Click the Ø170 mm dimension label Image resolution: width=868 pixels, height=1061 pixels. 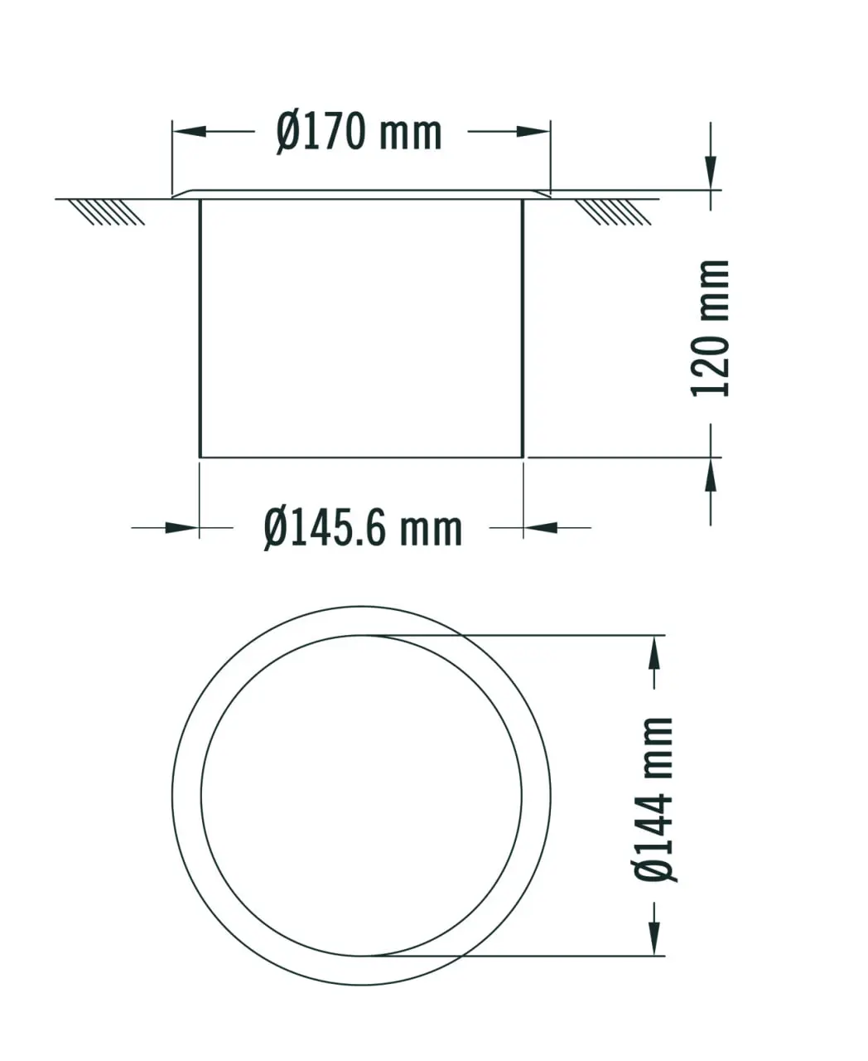(x=359, y=133)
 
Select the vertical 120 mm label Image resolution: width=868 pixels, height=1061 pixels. (x=710, y=329)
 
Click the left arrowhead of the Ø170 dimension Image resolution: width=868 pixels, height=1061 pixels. (x=189, y=132)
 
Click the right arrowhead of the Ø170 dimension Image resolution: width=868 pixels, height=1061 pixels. (x=533, y=132)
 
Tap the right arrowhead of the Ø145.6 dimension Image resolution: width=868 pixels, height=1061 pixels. (x=540, y=528)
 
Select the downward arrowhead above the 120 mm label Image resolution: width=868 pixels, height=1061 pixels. (x=710, y=172)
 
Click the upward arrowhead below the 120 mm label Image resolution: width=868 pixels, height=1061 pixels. (x=710, y=474)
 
